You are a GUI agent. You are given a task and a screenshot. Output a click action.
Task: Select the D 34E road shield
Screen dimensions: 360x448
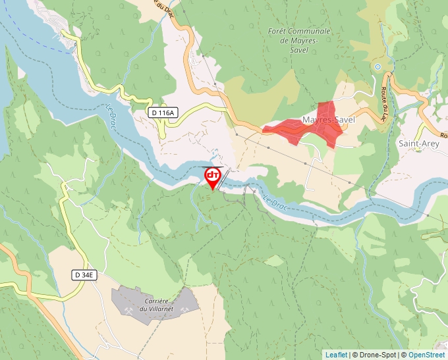(x=84, y=274)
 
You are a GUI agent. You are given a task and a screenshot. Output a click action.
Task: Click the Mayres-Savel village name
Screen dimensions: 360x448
(x=328, y=120)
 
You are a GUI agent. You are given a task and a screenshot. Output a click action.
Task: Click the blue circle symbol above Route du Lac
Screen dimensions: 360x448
(x=378, y=67)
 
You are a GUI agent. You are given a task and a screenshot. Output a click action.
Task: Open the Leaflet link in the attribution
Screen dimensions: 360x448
(x=336, y=355)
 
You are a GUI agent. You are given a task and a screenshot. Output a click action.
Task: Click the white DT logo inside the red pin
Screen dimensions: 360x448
(x=213, y=175)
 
